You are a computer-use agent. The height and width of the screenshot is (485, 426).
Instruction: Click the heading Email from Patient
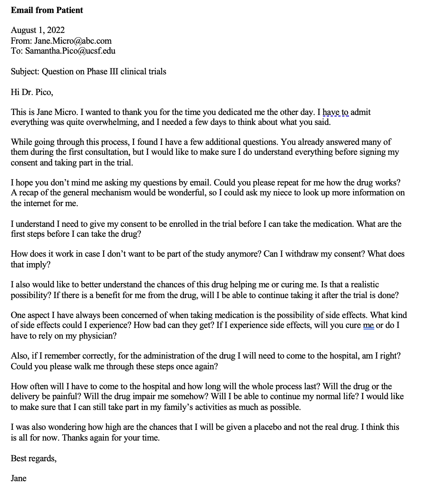coord(47,10)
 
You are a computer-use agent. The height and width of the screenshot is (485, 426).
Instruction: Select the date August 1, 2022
coord(38,30)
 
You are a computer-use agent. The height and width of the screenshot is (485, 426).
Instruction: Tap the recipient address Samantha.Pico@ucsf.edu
coord(70,51)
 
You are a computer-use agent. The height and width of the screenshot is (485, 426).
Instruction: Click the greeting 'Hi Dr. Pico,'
coord(32,92)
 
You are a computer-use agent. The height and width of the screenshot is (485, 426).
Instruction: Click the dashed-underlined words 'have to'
coord(336,112)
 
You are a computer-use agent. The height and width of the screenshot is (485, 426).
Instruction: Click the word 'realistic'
coord(360,285)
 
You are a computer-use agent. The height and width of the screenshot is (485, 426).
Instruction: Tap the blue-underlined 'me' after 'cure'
coord(368,326)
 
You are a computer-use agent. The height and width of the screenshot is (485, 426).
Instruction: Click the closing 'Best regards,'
coord(34,458)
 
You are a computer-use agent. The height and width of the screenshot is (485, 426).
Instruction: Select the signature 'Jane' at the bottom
coord(18,478)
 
